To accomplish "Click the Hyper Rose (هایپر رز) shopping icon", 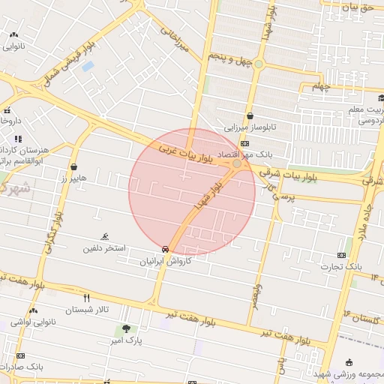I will pos(73,166).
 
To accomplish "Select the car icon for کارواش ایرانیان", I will pos(164,249).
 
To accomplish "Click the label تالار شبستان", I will pos(87,309).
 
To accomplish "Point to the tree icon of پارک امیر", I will pos(126,328).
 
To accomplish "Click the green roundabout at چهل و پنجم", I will pos(259,64).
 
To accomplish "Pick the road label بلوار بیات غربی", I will pos(186,154).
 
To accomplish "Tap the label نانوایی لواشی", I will pos(33,322).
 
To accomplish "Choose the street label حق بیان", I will pos(356,7).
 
